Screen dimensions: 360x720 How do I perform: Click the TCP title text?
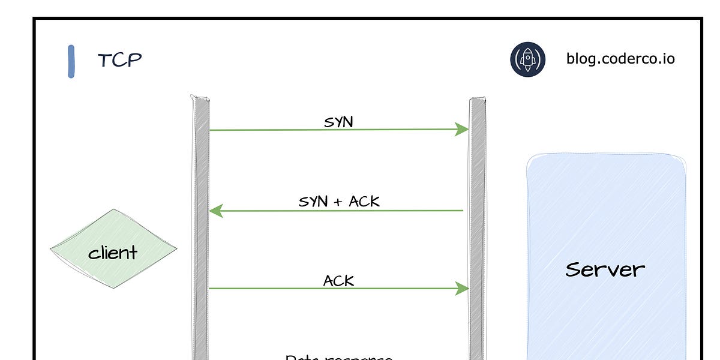[x=120, y=60]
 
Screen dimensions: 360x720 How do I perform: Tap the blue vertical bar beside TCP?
[x=71, y=61]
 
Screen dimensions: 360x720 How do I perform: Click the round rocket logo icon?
[x=527, y=59]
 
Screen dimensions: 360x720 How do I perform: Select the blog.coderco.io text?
[x=620, y=59]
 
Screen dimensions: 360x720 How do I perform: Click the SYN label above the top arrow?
[x=339, y=122]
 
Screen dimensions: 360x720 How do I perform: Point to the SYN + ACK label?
[x=339, y=202]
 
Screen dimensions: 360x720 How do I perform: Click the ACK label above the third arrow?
[x=339, y=280]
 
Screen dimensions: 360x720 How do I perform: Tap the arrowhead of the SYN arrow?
[x=463, y=129]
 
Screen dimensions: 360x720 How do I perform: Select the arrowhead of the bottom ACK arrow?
[x=463, y=289]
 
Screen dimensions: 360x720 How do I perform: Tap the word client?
[x=113, y=253]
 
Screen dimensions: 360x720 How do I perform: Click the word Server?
[x=605, y=269]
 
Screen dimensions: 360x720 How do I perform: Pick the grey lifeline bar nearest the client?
[x=200, y=228]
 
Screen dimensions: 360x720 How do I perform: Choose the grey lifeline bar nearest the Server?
[x=478, y=228]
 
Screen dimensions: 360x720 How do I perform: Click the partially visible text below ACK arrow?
[x=339, y=356]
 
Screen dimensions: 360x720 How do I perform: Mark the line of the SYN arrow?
[x=330, y=130]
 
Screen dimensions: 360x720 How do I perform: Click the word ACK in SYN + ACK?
[x=365, y=202]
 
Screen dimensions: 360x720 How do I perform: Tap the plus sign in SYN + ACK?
[x=338, y=202]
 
